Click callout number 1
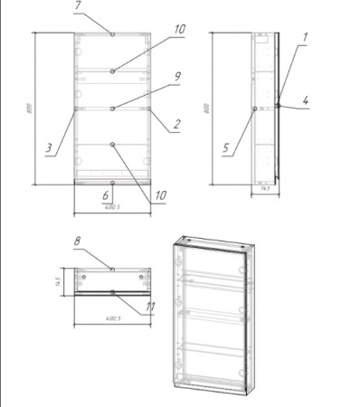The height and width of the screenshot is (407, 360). (x=305, y=37)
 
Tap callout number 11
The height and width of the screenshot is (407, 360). (x=150, y=307)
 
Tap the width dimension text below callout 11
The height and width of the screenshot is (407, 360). (x=111, y=318)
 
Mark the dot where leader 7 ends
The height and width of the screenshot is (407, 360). (x=112, y=34)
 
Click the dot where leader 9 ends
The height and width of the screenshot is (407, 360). (x=112, y=109)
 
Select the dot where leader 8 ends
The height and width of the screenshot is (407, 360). (x=111, y=269)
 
